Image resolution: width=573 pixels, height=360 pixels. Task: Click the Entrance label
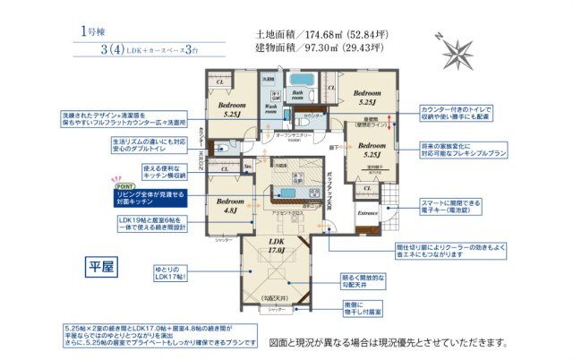coord(368,214)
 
